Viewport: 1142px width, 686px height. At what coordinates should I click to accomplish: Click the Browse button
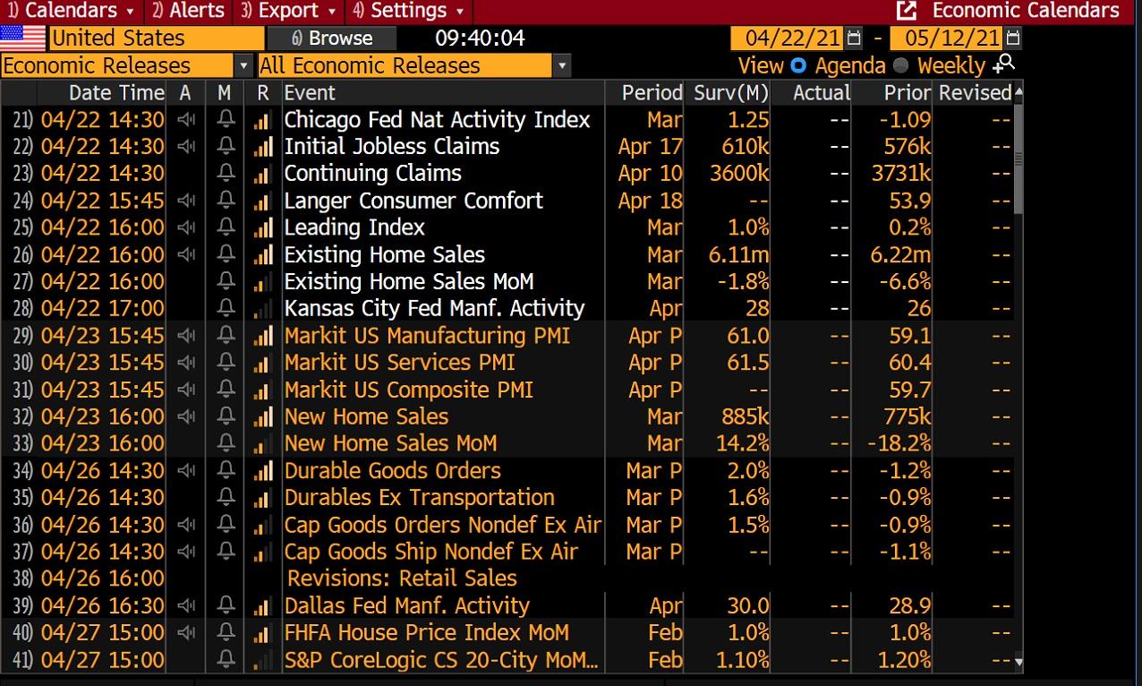pos(332,39)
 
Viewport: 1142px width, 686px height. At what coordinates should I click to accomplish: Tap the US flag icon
pos(23,39)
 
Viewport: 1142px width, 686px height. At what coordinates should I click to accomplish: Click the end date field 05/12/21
pos(952,39)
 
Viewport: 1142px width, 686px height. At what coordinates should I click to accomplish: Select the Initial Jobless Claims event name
pos(391,147)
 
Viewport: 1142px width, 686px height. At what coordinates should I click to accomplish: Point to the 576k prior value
pos(908,147)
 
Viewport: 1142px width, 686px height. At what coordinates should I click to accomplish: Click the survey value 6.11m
pos(738,255)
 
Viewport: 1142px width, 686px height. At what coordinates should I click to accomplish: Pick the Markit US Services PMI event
pos(399,363)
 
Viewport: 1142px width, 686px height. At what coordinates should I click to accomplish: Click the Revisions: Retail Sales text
pos(402,579)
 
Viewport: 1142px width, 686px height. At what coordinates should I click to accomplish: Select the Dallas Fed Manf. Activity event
pos(406,605)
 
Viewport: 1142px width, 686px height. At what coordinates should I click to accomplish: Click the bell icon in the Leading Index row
pos(226,227)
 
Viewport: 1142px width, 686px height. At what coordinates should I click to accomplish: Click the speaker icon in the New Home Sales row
pos(185,416)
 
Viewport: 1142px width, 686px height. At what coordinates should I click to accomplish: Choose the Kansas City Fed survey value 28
pos(757,309)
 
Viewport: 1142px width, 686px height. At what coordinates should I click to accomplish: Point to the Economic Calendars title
pos(1025,11)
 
